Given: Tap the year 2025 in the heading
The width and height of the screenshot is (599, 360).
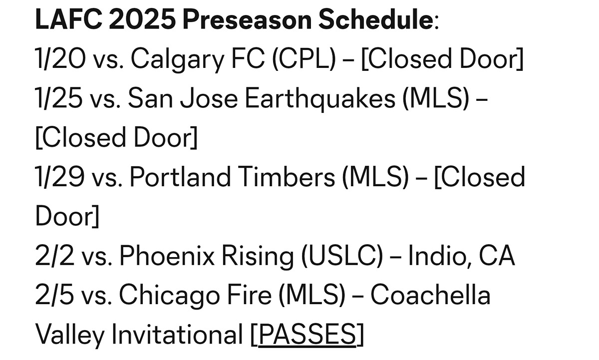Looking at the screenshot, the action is (142, 19).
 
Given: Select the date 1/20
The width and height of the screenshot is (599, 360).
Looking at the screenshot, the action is (60, 59).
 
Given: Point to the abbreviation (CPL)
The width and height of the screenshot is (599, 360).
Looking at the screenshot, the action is (304, 59).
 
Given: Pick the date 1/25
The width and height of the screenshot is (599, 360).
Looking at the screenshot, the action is (58, 98).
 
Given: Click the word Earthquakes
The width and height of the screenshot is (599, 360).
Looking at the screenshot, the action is (320, 99).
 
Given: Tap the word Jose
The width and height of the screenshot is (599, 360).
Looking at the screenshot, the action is (209, 98).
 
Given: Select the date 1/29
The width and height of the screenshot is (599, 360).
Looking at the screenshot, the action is (60, 177).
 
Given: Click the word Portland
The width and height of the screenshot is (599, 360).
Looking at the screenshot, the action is (180, 177).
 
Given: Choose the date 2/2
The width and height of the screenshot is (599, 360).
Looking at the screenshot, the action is (54, 256).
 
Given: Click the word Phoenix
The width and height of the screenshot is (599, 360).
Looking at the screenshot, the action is (167, 255).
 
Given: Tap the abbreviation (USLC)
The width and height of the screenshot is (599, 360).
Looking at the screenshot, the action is (342, 256).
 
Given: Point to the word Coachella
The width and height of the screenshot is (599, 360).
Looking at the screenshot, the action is (430, 295).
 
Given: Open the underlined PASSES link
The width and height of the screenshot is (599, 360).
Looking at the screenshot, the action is (307, 335).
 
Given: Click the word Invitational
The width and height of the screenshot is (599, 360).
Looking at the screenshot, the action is (177, 334).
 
